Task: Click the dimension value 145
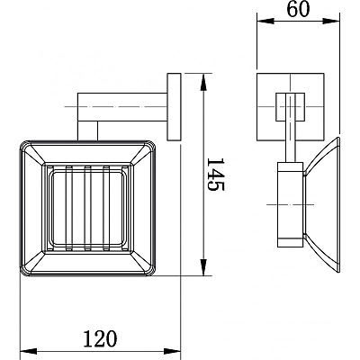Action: click(215, 175)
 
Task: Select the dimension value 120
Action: click(100, 339)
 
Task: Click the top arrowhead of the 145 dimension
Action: click(203, 82)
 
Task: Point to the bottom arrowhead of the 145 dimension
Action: click(203, 267)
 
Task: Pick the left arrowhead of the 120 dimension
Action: click(28, 351)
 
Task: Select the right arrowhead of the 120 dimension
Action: click(172, 351)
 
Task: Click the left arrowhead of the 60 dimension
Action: click(265, 21)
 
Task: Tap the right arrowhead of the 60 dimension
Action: click(330, 21)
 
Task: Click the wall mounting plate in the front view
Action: click(174, 107)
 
